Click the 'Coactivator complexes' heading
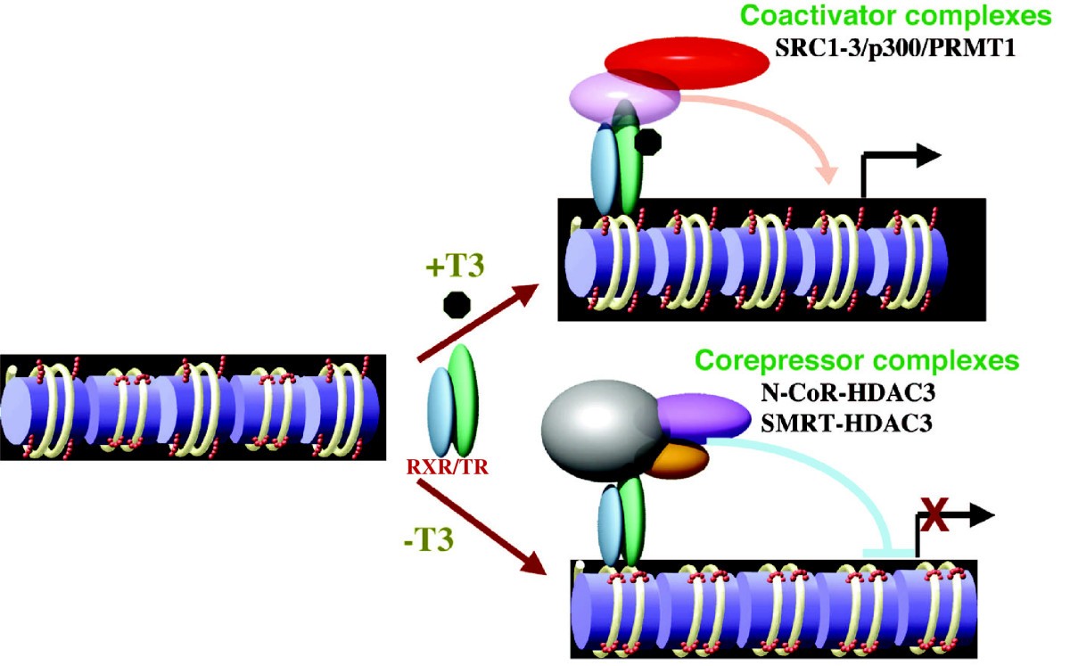[895, 16]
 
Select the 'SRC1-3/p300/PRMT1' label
[895, 48]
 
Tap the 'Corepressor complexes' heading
[857, 361]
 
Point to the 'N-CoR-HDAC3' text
[848, 393]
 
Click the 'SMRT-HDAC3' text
[846, 423]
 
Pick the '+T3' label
[455, 266]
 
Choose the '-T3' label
[429, 540]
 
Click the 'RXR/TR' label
[448, 467]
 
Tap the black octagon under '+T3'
[457, 305]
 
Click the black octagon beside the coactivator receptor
[648, 142]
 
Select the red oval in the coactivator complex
[687, 62]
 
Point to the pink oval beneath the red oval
[624, 99]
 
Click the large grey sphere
[603, 430]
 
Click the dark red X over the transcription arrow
[934, 514]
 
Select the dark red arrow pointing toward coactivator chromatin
[478, 323]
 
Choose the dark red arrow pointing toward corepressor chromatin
[482, 527]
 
